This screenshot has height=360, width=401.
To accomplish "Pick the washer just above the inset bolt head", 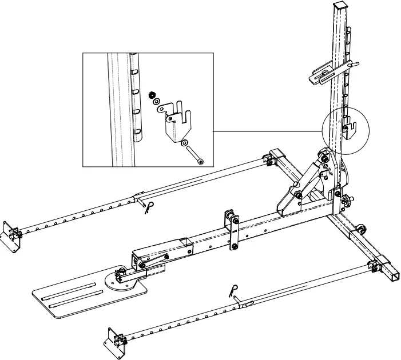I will (185, 143).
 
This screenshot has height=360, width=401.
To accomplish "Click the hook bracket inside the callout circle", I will (347, 127).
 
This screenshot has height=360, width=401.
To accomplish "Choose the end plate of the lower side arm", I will (114, 342).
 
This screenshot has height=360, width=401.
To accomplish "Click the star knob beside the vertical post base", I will (347, 202).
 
